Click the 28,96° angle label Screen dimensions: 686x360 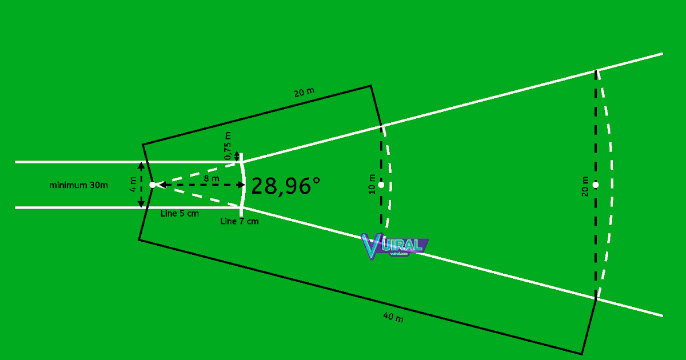pos(285,186)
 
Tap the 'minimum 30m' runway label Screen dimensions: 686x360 pos(79,185)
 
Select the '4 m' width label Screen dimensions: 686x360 pos(133,185)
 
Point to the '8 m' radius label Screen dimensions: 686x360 pos(212,179)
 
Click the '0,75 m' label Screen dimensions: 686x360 pos(228,146)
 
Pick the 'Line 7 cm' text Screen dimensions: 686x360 pos(239,221)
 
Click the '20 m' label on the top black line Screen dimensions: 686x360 pos(304,93)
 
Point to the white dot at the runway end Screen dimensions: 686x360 pos(152,185)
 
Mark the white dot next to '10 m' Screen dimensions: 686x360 pos(381,185)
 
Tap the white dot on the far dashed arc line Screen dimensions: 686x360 pos(596,185)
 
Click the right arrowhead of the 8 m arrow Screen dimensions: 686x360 pos(241,185)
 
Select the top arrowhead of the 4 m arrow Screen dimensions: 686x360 pos(141,166)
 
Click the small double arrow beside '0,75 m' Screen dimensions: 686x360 pos(237,157)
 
